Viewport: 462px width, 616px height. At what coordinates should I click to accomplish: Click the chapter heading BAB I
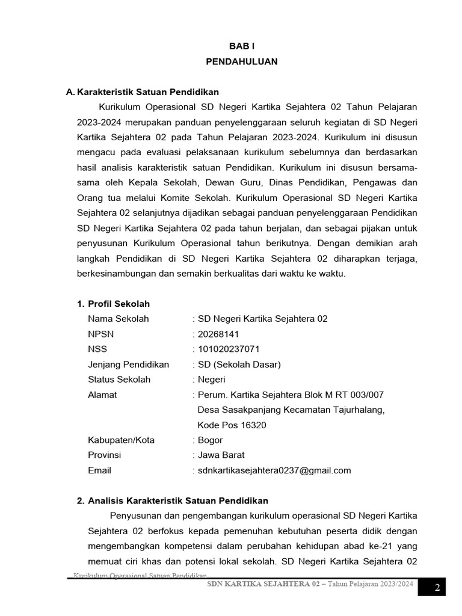click(241, 46)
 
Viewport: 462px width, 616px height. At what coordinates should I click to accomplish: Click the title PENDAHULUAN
click(241, 61)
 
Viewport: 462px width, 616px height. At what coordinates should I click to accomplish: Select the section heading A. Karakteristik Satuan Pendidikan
click(142, 92)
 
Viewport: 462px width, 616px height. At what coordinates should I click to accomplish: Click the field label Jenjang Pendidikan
click(128, 365)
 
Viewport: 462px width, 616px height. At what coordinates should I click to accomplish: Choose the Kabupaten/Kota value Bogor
click(211, 440)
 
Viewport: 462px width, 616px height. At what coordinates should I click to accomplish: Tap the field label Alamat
click(102, 395)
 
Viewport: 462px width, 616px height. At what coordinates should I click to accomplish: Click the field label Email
click(99, 470)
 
